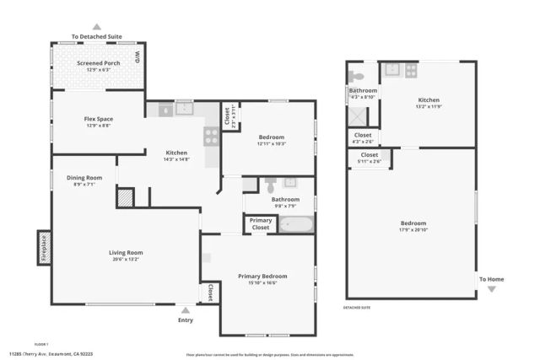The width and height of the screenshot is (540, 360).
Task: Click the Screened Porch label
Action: (x=98, y=63)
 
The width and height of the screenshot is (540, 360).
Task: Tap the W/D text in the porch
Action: (x=138, y=59)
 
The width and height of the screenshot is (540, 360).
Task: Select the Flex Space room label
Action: (x=98, y=119)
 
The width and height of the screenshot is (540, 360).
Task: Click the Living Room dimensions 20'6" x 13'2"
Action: (x=125, y=259)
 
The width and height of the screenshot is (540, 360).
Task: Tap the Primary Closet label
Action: (x=261, y=224)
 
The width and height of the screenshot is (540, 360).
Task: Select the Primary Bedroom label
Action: (x=262, y=277)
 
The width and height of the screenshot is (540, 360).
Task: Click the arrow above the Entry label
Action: (x=186, y=310)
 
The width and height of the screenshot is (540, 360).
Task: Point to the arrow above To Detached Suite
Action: (x=96, y=27)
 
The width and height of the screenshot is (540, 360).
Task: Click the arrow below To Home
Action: (x=492, y=289)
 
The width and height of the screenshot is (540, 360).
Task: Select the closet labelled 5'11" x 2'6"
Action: (x=370, y=158)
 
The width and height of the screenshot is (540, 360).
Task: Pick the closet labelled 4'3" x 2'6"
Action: (x=363, y=137)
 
